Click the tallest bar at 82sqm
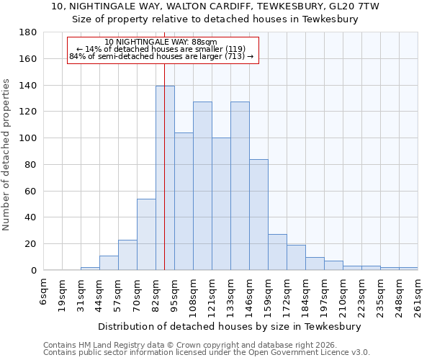pos(165,178)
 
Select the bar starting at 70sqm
pos(146,234)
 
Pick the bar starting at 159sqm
pos(277,252)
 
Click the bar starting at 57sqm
pos(127,255)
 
